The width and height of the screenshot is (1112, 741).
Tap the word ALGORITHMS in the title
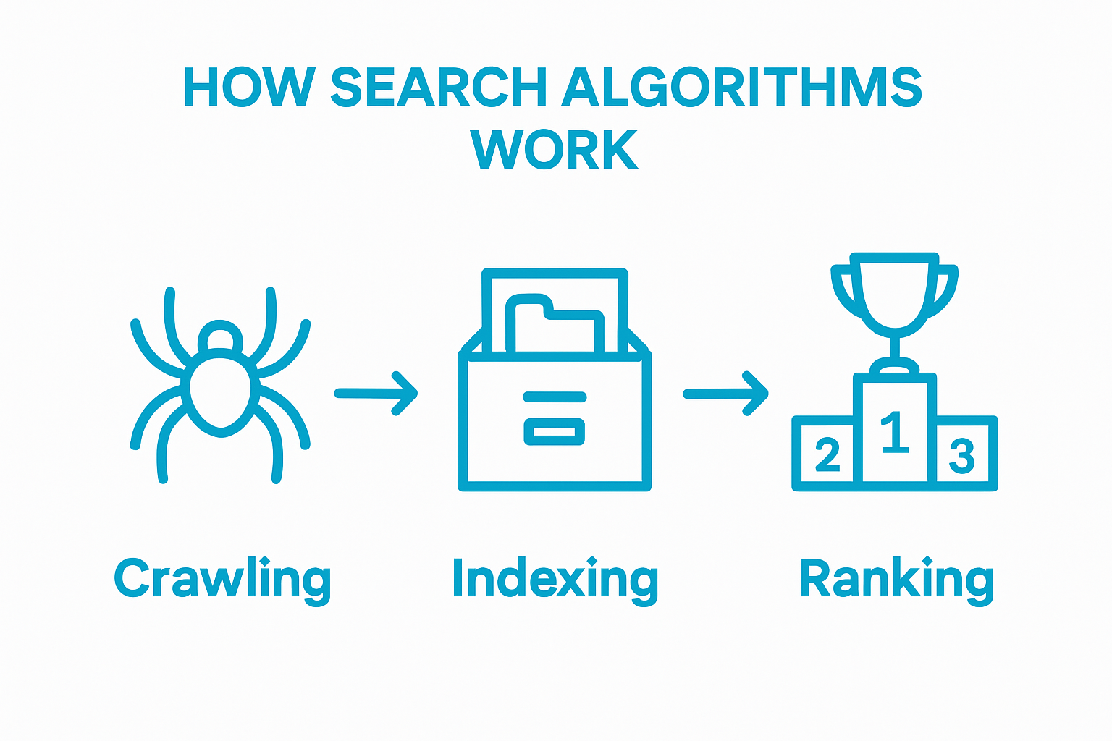742,88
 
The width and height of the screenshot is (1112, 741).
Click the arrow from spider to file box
376,394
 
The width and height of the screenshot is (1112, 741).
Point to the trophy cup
894,293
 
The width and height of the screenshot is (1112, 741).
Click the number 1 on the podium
895,433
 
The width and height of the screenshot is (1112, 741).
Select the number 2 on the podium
827,454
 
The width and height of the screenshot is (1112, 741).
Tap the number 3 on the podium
962,456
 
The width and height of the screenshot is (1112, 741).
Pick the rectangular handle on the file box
555,432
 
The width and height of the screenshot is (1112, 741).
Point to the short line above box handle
555,397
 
